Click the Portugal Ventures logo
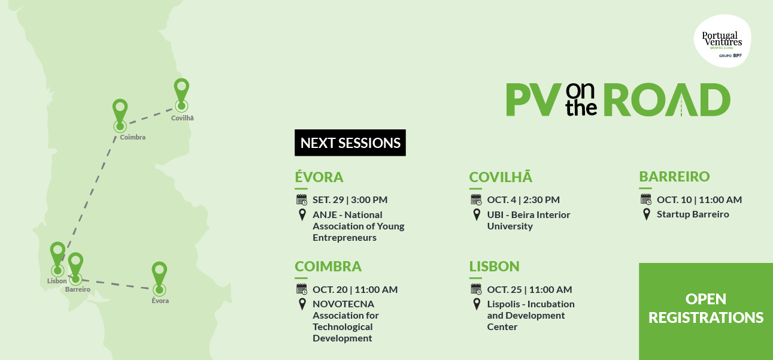click(722, 41)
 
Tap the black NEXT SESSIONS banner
click(350, 143)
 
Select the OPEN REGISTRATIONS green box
click(706, 311)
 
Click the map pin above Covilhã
click(181, 91)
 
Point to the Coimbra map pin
click(120, 112)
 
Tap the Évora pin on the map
click(159, 275)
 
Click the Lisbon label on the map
click(57, 281)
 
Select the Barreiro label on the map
click(78, 289)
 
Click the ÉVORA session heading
click(319, 177)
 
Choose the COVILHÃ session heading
click(501, 177)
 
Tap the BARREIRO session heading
click(674, 176)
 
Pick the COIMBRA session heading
click(328, 267)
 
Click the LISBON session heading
click(494, 267)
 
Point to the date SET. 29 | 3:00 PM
click(350, 199)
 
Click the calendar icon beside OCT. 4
click(476, 199)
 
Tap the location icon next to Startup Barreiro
click(647, 214)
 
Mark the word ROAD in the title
click(666, 99)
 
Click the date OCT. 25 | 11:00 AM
click(529, 289)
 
